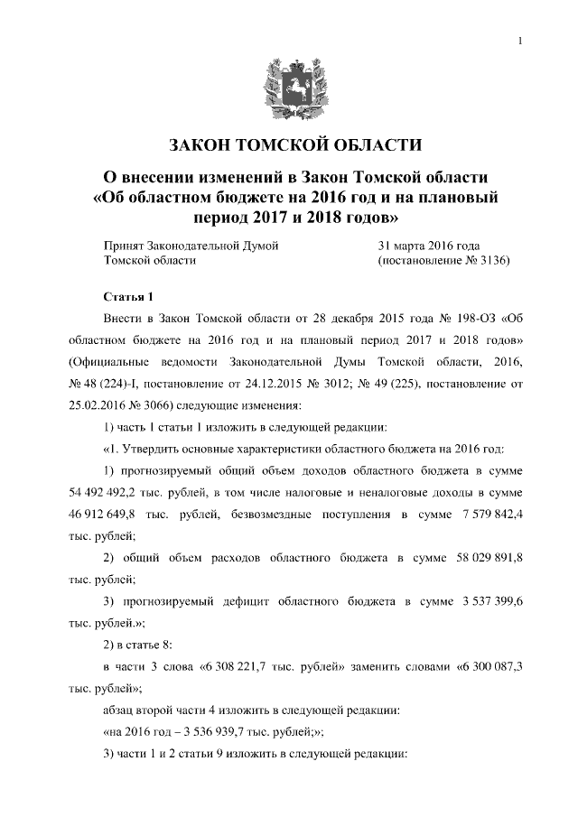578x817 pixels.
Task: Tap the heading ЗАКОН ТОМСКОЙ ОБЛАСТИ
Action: (x=288, y=146)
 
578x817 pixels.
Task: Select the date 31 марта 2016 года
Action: (x=429, y=246)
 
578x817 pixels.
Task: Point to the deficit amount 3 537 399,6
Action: (x=491, y=600)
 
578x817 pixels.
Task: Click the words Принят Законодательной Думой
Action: (x=190, y=246)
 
